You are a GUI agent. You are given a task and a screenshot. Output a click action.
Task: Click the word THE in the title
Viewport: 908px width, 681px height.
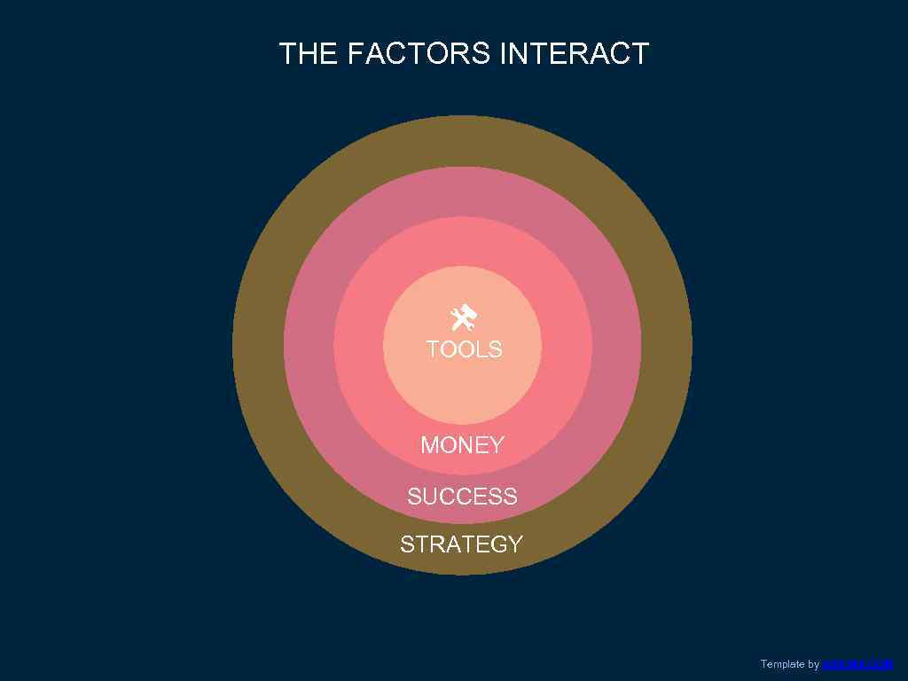(x=309, y=54)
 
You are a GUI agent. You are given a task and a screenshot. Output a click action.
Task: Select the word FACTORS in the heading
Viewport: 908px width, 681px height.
(x=419, y=54)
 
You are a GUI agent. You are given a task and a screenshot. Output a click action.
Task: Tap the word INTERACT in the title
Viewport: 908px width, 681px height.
(x=575, y=54)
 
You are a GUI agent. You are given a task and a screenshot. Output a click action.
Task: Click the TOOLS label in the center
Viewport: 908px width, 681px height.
(x=464, y=349)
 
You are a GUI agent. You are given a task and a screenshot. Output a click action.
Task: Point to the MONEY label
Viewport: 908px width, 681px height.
(x=462, y=445)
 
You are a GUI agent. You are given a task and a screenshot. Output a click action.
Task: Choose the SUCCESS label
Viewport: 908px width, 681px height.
(x=462, y=497)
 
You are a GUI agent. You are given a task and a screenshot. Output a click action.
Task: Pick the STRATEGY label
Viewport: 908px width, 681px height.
(x=461, y=544)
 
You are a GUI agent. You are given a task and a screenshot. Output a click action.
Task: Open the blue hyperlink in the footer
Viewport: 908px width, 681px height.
(x=857, y=664)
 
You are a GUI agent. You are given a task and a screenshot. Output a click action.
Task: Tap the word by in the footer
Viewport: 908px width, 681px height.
(x=814, y=664)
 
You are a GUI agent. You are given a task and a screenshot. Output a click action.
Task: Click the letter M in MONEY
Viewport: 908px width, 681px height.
(x=431, y=445)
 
